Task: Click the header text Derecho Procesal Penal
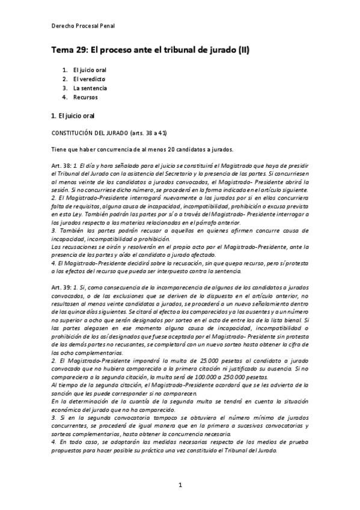pos(83,26)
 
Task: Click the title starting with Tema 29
pos(150,51)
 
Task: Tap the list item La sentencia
pos(90,88)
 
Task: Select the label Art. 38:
pos(62,165)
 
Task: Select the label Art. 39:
pos(62,287)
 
